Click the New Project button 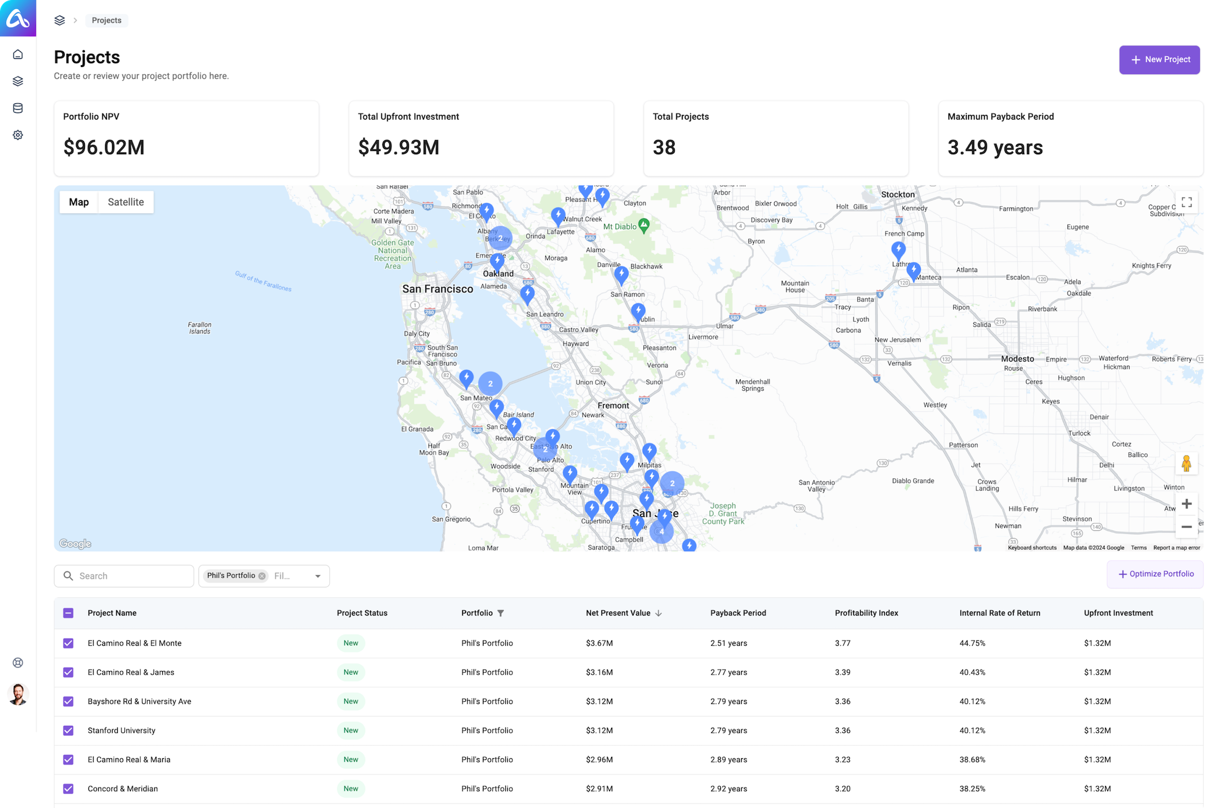coord(1159,59)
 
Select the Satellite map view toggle coord(125,202)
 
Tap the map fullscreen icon coord(1186,202)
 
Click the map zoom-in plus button coord(1186,504)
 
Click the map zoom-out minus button coord(1186,527)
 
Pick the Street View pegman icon coord(1186,463)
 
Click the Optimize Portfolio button coord(1155,574)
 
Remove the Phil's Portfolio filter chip coord(262,576)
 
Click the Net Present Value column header coord(618,613)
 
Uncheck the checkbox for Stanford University coord(68,731)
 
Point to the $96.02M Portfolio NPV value coord(104,147)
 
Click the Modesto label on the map coord(1017,359)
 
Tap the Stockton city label coord(898,195)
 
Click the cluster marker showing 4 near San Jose coord(661,531)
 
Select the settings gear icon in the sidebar coord(18,135)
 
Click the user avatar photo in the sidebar coord(18,694)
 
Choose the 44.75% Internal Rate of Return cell coord(972,643)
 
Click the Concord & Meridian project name coord(122,789)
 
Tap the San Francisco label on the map coord(437,289)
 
